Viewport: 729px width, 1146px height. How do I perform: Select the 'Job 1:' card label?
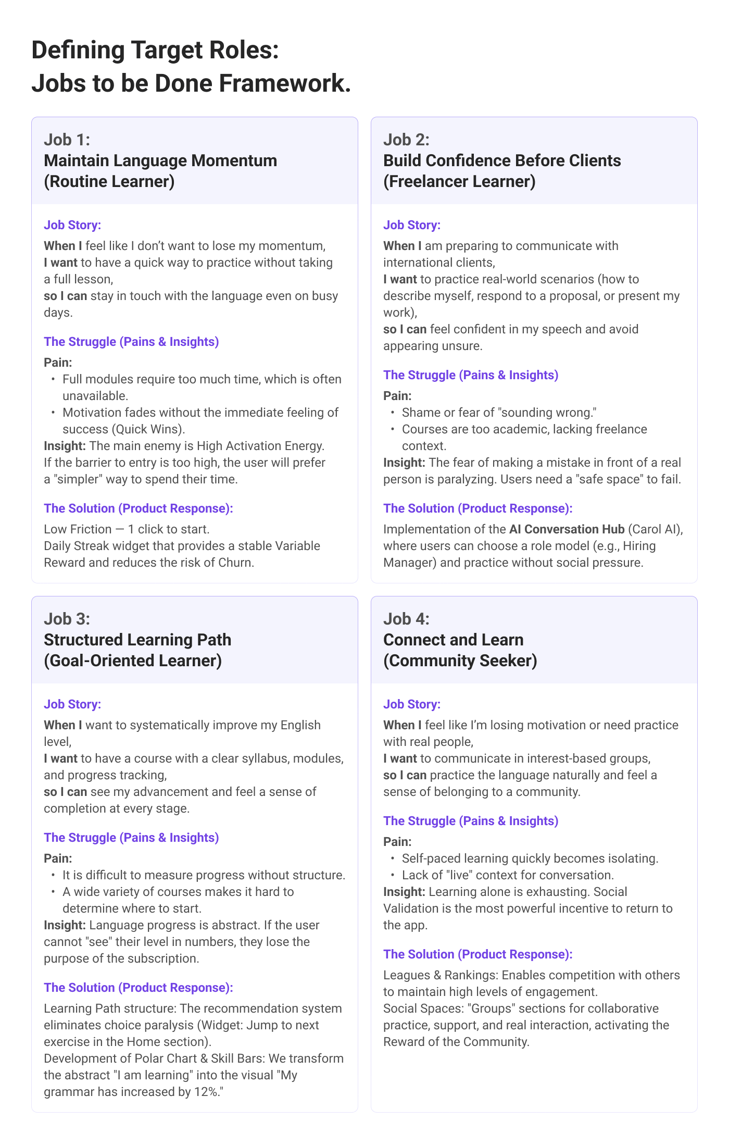click(x=67, y=140)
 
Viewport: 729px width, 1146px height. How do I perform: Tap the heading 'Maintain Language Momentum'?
click(x=160, y=160)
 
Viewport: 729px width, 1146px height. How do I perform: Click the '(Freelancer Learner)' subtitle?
click(x=459, y=181)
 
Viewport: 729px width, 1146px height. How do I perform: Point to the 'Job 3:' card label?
click(x=67, y=619)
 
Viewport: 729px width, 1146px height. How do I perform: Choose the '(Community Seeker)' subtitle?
click(x=460, y=661)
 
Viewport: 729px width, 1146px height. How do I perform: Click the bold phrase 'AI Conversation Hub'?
click(x=567, y=529)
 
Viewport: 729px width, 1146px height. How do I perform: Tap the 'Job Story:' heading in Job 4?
click(x=412, y=704)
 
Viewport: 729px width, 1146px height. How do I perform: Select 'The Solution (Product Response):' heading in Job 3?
click(x=139, y=988)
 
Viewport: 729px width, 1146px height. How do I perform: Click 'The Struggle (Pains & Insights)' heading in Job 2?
click(x=471, y=375)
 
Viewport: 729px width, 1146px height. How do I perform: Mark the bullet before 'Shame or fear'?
click(x=393, y=413)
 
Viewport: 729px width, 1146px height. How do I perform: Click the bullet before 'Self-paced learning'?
click(x=393, y=858)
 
